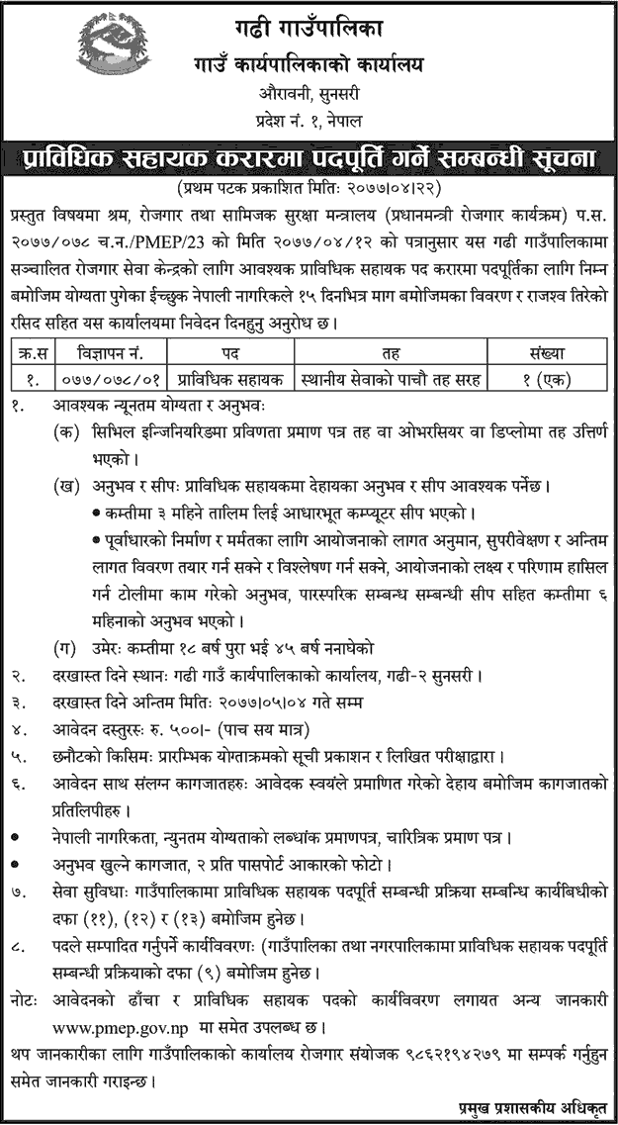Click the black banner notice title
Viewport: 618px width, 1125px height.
[309, 157]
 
